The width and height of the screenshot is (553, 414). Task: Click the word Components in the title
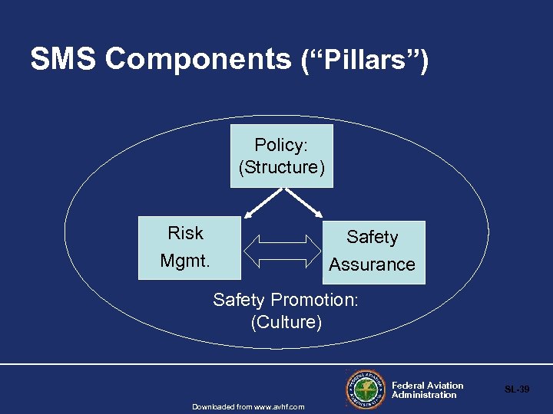[198, 59]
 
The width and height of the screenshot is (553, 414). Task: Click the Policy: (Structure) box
[282, 156]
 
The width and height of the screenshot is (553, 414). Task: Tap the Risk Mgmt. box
[189, 247]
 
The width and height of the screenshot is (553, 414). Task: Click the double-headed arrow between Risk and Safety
[280, 251]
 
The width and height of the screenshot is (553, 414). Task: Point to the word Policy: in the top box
[282, 146]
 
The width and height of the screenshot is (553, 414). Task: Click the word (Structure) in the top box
[282, 167]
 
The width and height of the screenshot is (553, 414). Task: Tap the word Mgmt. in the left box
[185, 261]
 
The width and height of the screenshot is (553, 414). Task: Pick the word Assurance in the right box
[372, 265]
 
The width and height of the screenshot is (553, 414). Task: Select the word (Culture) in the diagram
[286, 322]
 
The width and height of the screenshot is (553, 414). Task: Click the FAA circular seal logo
[365, 389]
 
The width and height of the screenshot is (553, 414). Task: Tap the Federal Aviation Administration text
[427, 390]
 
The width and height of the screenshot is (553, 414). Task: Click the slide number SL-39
[517, 389]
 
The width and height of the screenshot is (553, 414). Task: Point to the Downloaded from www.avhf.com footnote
[248, 406]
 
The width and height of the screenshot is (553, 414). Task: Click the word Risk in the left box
[185, 233]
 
